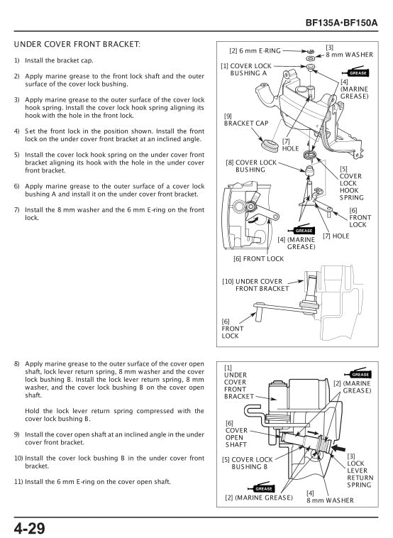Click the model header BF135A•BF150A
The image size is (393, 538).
tap(341, 23)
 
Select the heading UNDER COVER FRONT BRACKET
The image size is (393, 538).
tap(77, 44)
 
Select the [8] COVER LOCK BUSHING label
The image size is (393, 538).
tap(251, 166)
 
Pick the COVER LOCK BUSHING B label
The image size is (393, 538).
tap(248, 463)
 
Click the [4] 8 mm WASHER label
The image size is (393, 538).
tap(329, 496)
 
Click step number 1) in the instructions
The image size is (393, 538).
tap(16, 60)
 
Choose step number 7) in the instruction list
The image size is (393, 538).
tap(16, 210)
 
